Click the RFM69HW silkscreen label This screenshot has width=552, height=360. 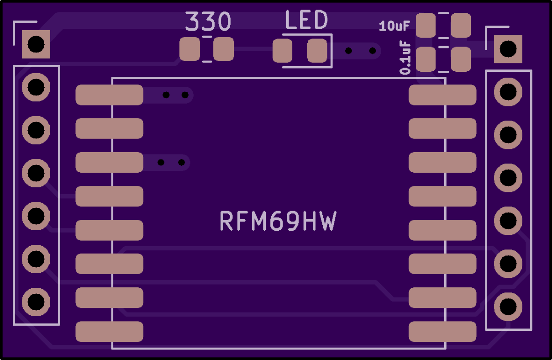click(278, 222)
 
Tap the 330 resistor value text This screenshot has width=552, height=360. click(208, 21)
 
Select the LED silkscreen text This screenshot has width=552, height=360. click(306, 21)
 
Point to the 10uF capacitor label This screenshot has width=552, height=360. click(394, 26)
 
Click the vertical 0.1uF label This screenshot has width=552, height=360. click(405, 58)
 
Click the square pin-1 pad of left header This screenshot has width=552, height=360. click(36, 44)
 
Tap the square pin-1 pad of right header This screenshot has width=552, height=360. click(508, 49)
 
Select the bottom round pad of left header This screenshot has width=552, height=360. click(36, 302)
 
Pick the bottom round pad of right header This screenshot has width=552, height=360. click(508, 306)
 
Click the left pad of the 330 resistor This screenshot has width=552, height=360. click(189, 49)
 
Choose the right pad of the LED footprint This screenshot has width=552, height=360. click(317, 51)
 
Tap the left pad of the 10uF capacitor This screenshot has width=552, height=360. click(426, 26)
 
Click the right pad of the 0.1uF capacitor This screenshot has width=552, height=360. click(461, 59)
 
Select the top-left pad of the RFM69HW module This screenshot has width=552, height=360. click(109, 95)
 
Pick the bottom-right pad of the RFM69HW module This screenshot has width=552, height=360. click(442, 332)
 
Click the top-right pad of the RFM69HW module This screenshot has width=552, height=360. click(442, 95)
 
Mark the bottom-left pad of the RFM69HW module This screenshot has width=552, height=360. click(109, 332)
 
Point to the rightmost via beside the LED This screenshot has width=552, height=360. click(373, 51)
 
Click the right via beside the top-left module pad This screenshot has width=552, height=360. click(185, 95)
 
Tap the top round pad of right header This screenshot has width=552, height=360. click(508, 92)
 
